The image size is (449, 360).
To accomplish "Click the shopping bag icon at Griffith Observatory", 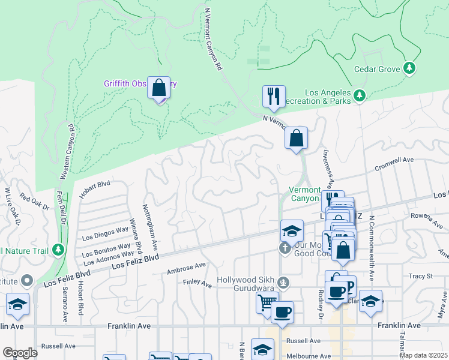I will (x=158, y=88).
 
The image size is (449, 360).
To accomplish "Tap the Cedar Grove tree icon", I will (x=410, y=68).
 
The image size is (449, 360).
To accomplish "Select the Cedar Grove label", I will (x=376, y=69).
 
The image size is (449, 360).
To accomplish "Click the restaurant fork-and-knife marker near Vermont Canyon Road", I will (x=273, y=96).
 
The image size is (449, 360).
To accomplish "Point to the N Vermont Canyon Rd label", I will (x=214, y=39).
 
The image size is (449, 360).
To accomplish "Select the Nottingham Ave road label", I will (x=149, y=227).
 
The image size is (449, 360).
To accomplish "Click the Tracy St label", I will (x=421, y=276).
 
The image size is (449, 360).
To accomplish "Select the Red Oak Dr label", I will (x=34, y=200).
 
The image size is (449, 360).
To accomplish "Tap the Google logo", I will (x=20, y=353).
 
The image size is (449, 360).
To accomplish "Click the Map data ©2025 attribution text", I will (x=423, y=355).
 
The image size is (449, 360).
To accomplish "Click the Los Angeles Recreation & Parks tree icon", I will (x=359, y=95).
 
